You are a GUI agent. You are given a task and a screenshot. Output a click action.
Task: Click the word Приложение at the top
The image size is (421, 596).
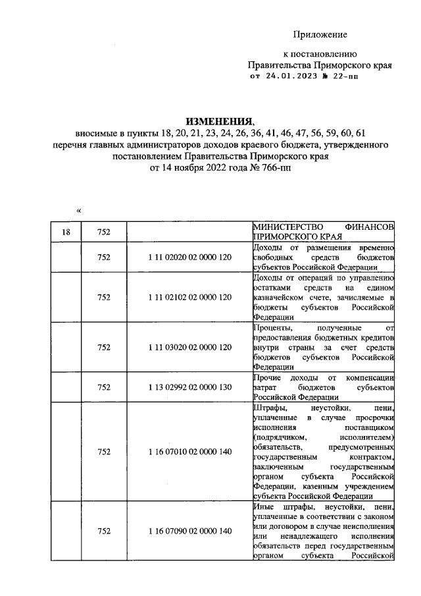(x=320, y=34)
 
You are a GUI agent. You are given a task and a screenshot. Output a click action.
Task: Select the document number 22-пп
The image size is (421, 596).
(x=346, y=76)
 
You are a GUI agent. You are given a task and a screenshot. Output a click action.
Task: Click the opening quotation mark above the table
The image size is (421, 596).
(x=78, y=211)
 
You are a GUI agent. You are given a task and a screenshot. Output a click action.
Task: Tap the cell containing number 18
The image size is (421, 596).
(x=66, y=232)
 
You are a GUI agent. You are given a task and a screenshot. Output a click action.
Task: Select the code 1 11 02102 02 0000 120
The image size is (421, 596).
(x=189, y=297)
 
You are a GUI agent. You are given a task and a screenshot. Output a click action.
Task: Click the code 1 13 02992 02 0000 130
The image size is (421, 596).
(x=189, y=387)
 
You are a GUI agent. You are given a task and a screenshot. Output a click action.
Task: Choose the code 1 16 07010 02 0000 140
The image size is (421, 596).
(x=189, y=452)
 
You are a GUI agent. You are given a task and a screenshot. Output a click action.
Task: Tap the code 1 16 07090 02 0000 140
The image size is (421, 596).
(x=189, y=531)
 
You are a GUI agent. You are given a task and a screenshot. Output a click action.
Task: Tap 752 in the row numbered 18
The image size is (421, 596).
(x=103, y=232)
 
